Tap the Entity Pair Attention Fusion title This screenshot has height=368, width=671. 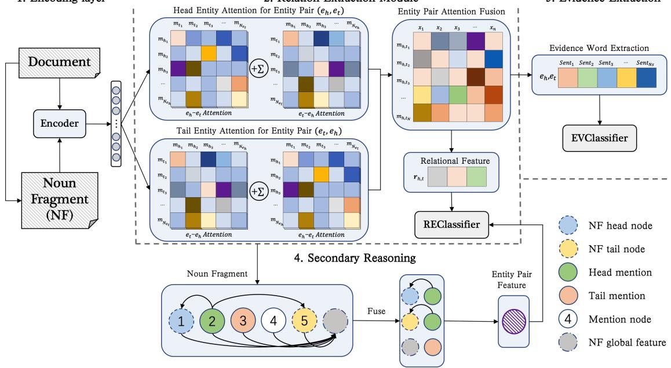coord(455,12)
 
